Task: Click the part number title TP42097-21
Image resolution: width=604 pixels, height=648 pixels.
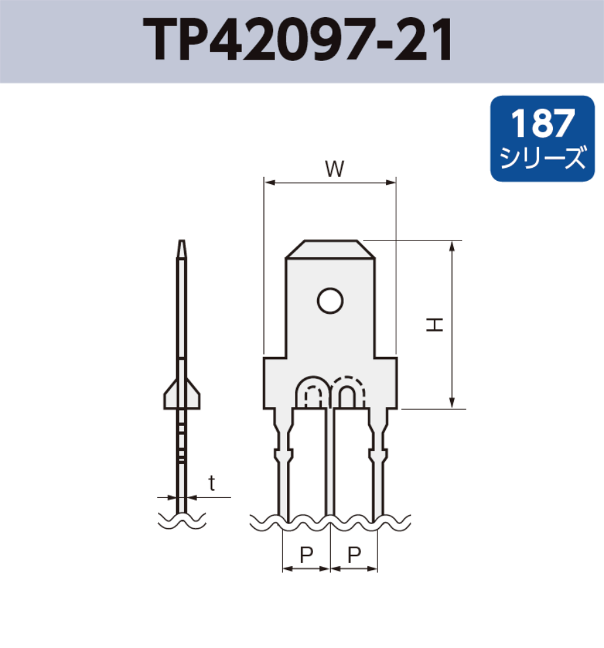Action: [x=298, y=41]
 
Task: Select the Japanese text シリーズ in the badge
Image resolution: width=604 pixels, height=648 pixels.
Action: [x=542, y=159]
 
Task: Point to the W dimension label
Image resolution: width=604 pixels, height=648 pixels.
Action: [x=335, y=170]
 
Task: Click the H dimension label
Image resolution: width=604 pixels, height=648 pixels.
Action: [x=434, y=324]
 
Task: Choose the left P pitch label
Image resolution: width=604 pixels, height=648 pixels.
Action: [x=306, y=555]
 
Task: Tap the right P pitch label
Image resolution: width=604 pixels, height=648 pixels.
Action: [x=354, y=555]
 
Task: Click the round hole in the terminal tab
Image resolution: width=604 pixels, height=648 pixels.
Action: [x=330, y=301]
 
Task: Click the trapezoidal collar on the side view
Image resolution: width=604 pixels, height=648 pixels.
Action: [x=181, y=393]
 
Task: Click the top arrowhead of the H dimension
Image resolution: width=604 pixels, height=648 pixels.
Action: [x=452, y=246]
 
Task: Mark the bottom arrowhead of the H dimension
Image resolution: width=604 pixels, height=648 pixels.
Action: [x=452, y=402]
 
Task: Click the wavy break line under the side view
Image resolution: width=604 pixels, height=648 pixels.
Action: [x=182, y=521]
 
